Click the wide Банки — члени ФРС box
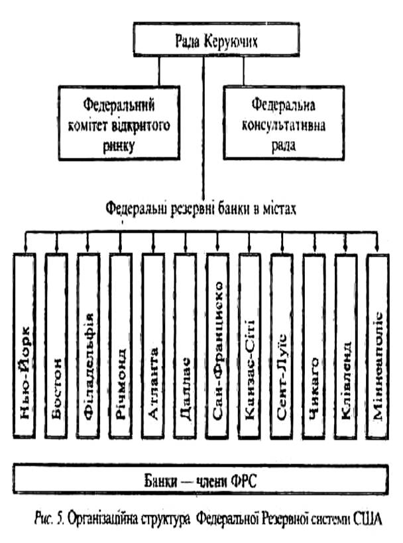(x=201, y=478)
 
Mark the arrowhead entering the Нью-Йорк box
(x=25, y=251)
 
